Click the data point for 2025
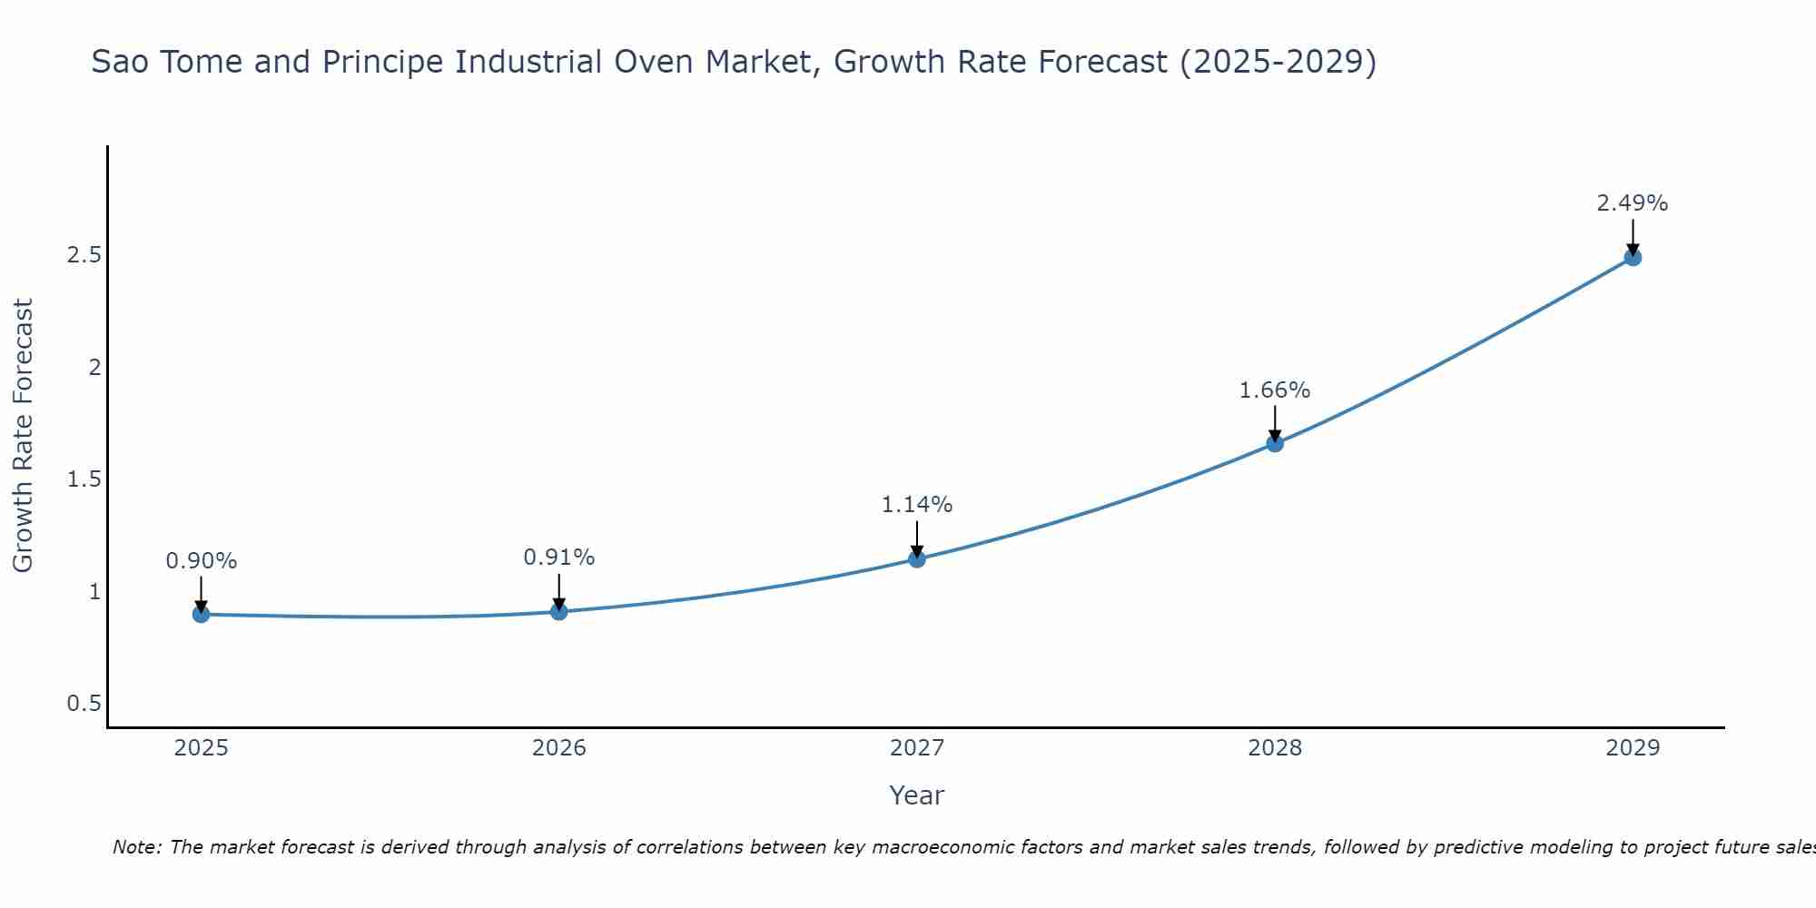coord(202,615)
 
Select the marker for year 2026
coord(559,612)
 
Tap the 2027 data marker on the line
coord(917,558)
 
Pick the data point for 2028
coord(1275,443)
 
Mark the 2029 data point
coord(1633,257)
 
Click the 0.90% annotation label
coord(202,561)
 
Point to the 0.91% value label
coord(559,558)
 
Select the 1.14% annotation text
coord(917,505)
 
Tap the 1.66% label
coord(1275,390)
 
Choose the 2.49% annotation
coord(1633,203)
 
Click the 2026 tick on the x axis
coord(559,748)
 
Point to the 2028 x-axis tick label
coord(1275,748)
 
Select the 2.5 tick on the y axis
coord(84,255)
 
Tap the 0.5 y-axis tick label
coord(84,704)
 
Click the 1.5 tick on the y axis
coord(84,479)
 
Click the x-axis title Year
coord(917,795)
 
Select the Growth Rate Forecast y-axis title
coord(23,436)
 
